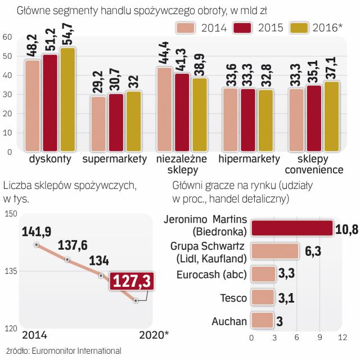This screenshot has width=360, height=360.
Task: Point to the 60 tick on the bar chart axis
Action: [x=8, y=37]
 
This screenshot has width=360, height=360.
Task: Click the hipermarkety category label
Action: [x=249, y=159]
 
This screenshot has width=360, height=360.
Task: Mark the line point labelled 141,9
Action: [x=37, y=244]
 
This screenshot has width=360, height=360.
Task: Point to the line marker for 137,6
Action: [x=67, y=259]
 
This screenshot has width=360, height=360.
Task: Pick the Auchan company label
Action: [x=230, y=321]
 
